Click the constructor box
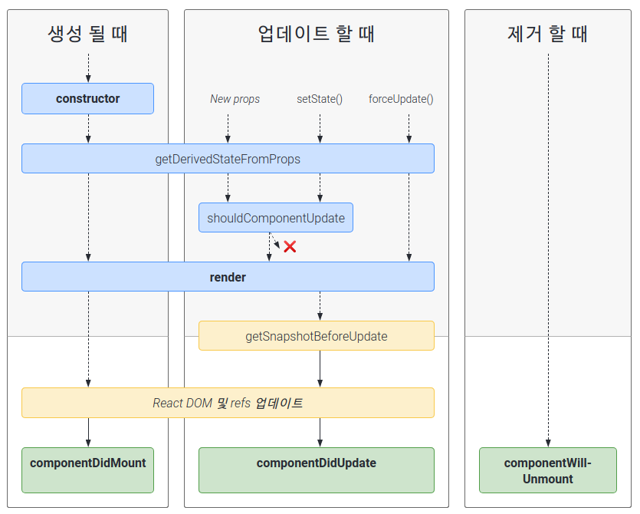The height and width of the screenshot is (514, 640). point(87,98)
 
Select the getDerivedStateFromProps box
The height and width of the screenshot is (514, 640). point(228,159)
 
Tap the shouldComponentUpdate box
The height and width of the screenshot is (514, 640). point(276,218)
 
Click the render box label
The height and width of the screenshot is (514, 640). point(228,278)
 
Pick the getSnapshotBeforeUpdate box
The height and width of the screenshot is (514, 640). point(317,336)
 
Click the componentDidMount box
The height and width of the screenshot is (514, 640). point(87,470)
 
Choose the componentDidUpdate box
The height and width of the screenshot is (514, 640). point(317,470)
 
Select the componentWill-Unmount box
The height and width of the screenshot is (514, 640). point(548,470)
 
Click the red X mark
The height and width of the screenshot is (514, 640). point(290,247)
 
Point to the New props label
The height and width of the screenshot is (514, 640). point(235,99)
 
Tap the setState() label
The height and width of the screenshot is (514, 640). point(320,99)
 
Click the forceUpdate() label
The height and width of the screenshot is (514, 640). point(401,99)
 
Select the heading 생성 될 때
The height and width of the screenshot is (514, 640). point(87,34)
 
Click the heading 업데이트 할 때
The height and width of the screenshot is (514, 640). point(317,34)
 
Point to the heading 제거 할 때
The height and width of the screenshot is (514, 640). point(548,34)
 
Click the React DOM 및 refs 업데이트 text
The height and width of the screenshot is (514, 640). point(228,403)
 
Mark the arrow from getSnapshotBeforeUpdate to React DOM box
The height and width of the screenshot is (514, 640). point(320,369)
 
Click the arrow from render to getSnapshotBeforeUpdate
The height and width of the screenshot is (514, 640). point(320,306)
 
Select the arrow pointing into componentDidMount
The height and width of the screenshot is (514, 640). point(88,433)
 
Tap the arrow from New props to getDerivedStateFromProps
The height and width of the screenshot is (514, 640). point(228,129)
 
